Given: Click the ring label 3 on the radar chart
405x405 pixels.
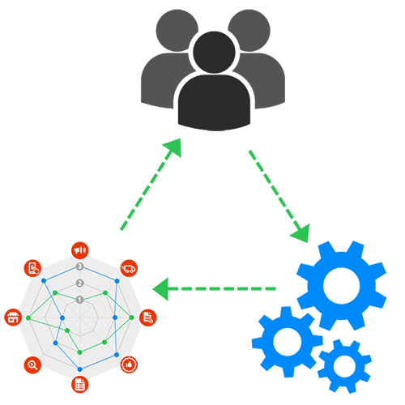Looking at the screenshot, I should coord(79,266).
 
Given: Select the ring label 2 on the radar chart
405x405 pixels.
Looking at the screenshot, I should coord(79,283).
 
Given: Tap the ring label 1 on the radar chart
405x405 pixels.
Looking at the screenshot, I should coord(79,300).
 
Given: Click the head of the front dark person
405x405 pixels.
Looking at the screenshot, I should coord(214,51).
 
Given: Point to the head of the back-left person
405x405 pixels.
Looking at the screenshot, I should coord(177,30).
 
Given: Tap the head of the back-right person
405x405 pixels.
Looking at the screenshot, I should coord(249,30).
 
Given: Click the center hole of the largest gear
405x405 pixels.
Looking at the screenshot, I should coord(341,285).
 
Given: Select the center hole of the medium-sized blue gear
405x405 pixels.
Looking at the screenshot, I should coord(288,342).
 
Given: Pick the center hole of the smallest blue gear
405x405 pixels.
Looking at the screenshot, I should coord(345,366).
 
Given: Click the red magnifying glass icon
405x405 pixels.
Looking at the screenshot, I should coord(32,364).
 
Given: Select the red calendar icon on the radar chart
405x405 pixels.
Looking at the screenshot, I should coord(13,318).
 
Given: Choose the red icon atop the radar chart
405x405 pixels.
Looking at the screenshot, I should coord(79,249).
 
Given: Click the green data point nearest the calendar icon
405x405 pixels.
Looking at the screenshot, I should coord(28,318).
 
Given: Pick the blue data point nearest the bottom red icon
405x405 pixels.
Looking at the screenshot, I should coord(79,369).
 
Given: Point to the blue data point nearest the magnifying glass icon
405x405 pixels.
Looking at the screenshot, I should coord(55,343).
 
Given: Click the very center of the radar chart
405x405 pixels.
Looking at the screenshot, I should coord(79,318).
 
